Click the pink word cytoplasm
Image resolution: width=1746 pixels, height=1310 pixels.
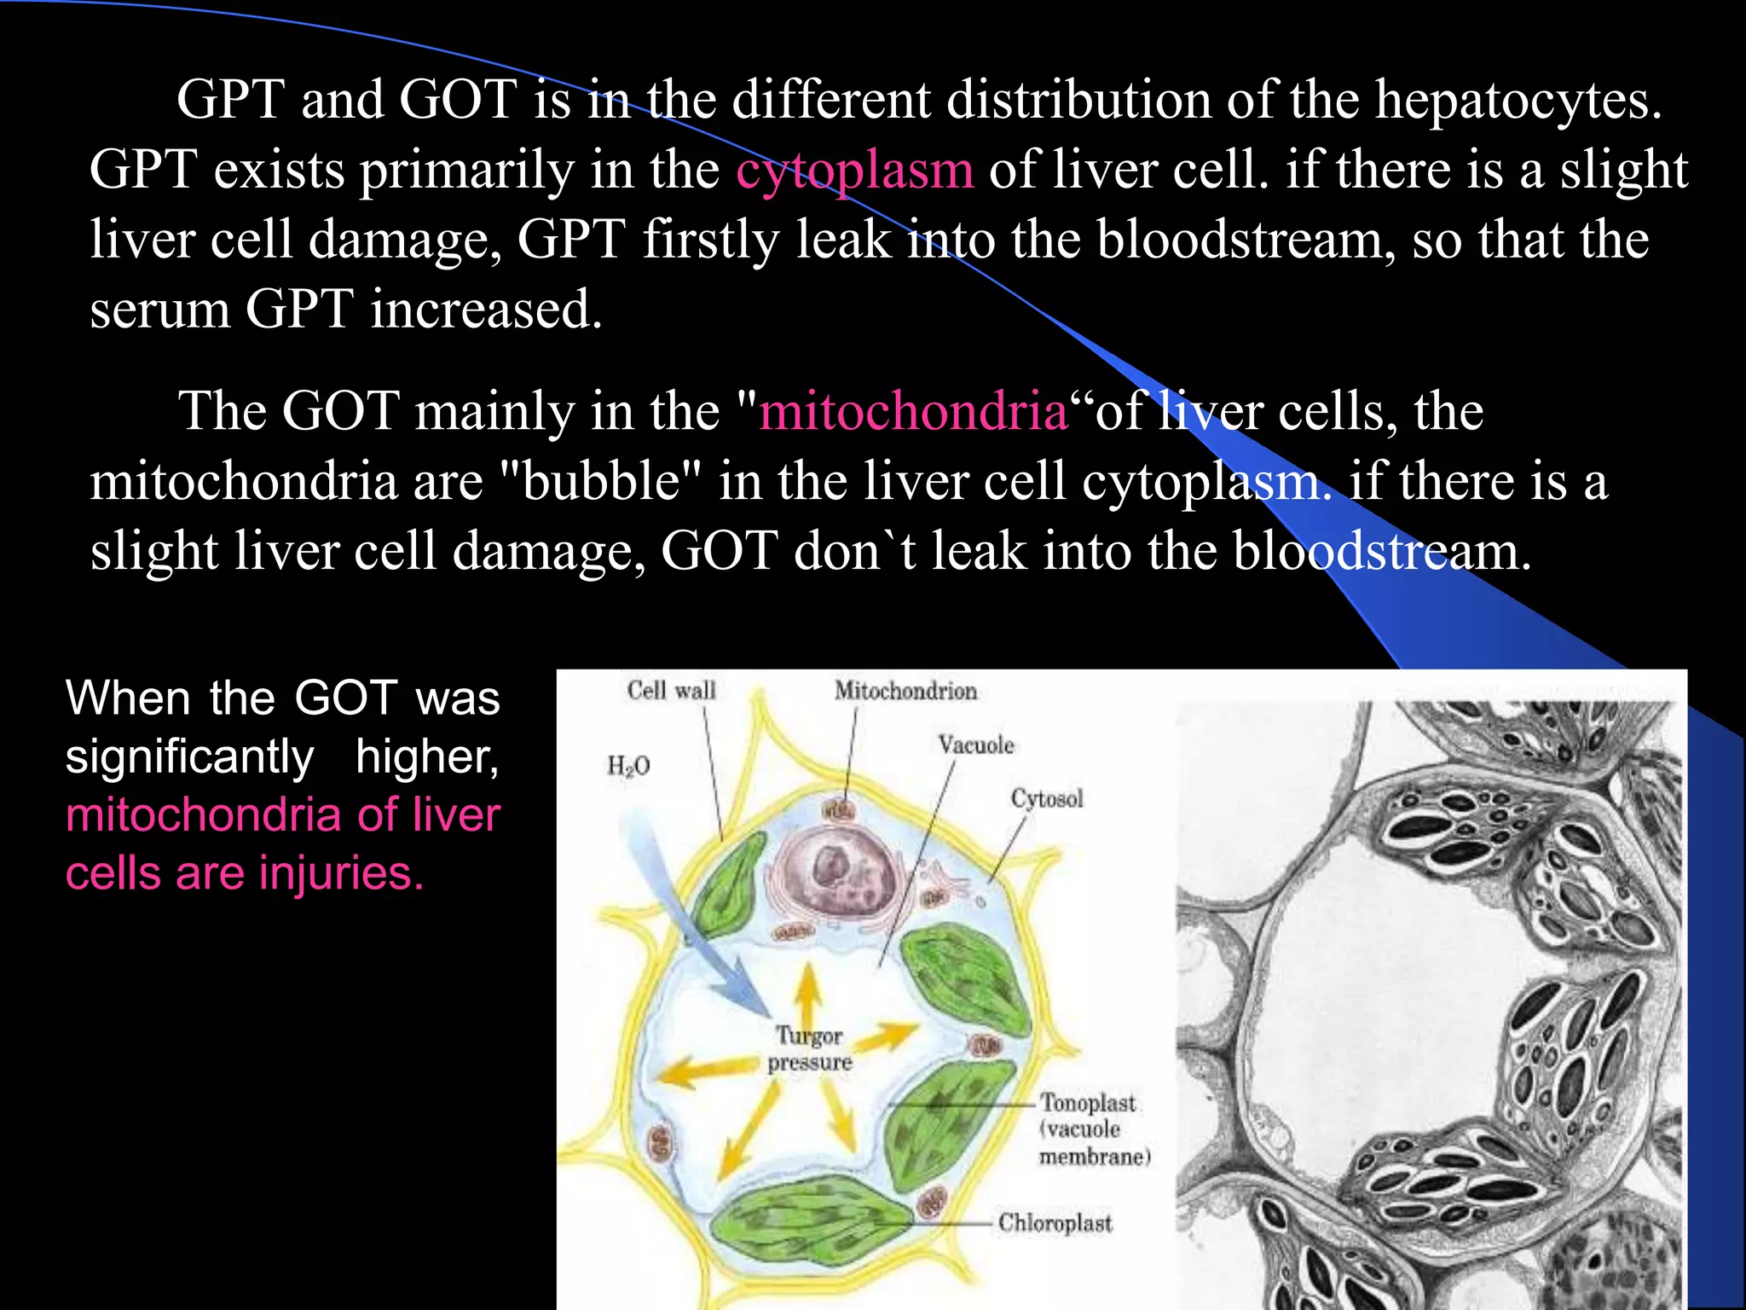pyautogui.click(x=854, y=171)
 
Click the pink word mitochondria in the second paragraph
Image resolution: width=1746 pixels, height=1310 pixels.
pyautogui.click(x=913, y=412)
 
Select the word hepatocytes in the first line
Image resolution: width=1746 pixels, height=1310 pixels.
pyautogui.click(x=1518, y=101)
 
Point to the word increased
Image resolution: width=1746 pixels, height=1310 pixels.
pyautogui.click(x=486, y=310)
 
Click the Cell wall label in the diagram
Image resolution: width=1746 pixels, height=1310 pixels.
pyautogui.click(x=671, y=690)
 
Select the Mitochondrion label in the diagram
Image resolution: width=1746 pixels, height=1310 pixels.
pyautogui.click(x=905, y=691)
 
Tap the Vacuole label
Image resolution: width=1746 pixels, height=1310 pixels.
pyautogui.click(x=976, y=745)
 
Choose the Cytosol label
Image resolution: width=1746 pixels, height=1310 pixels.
pyautogui.click(x=1047, y=799)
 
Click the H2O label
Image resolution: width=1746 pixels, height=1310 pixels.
pyautogui.click(x=628, y=766)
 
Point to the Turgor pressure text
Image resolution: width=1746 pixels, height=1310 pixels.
pyautogui.click(x=809, y=1049)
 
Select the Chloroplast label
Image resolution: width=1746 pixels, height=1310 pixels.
pyautogui.click(x=1055, y=1223)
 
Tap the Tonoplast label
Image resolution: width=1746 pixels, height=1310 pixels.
pyautogui.click(x=1088, y=1104)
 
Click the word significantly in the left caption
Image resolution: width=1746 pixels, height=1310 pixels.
pyautogui.click(x=190, y=757)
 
